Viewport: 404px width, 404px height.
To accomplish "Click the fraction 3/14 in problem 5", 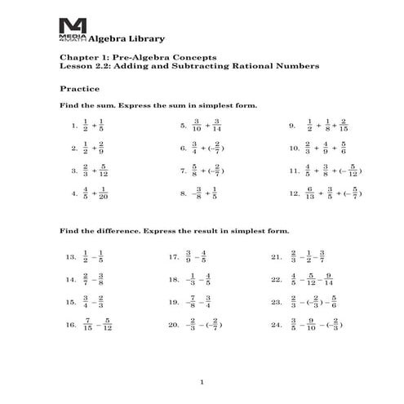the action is point(217,126).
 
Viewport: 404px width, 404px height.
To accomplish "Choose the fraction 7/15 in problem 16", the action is point(88,325).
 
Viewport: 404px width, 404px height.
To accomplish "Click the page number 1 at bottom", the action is point(202,382).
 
